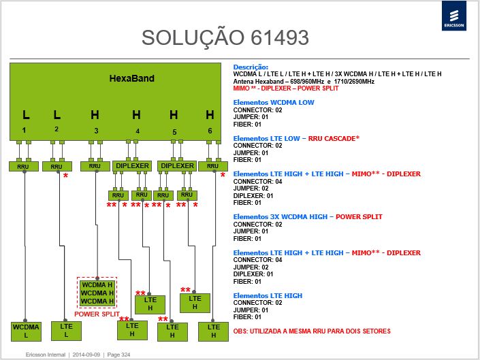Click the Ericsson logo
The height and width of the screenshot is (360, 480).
click(454, 16)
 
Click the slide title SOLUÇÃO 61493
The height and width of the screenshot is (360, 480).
click(225, 37)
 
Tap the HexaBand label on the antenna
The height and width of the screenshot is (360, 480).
click(131, 78)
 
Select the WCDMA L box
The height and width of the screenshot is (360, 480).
click(26, 331)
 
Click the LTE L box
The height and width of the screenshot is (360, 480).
click(67, 331)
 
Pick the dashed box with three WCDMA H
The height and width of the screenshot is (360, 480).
click(97, 293)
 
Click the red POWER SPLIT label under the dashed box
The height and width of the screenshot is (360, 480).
click(97, 314)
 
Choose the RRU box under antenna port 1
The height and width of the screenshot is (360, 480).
click(24, 166)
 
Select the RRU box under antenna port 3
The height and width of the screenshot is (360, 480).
click(95, 166)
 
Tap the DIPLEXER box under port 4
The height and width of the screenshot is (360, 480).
click(132, 166)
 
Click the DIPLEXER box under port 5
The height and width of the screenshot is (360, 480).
click(177, 166)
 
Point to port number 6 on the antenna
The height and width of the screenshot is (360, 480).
click(210, 131)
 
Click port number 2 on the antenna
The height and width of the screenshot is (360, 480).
click(57, 129)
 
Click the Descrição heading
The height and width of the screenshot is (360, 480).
click(251, 67)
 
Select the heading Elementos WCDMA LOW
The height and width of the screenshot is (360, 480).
click(274, 103)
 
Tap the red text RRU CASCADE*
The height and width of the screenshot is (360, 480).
click(334, 138)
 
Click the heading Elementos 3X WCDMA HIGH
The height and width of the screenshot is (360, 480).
click(280, 216)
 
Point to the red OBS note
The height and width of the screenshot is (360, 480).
click(312, 331)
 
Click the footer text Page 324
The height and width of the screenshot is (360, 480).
click(118, 355)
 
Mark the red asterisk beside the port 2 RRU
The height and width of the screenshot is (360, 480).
click(65, 176)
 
